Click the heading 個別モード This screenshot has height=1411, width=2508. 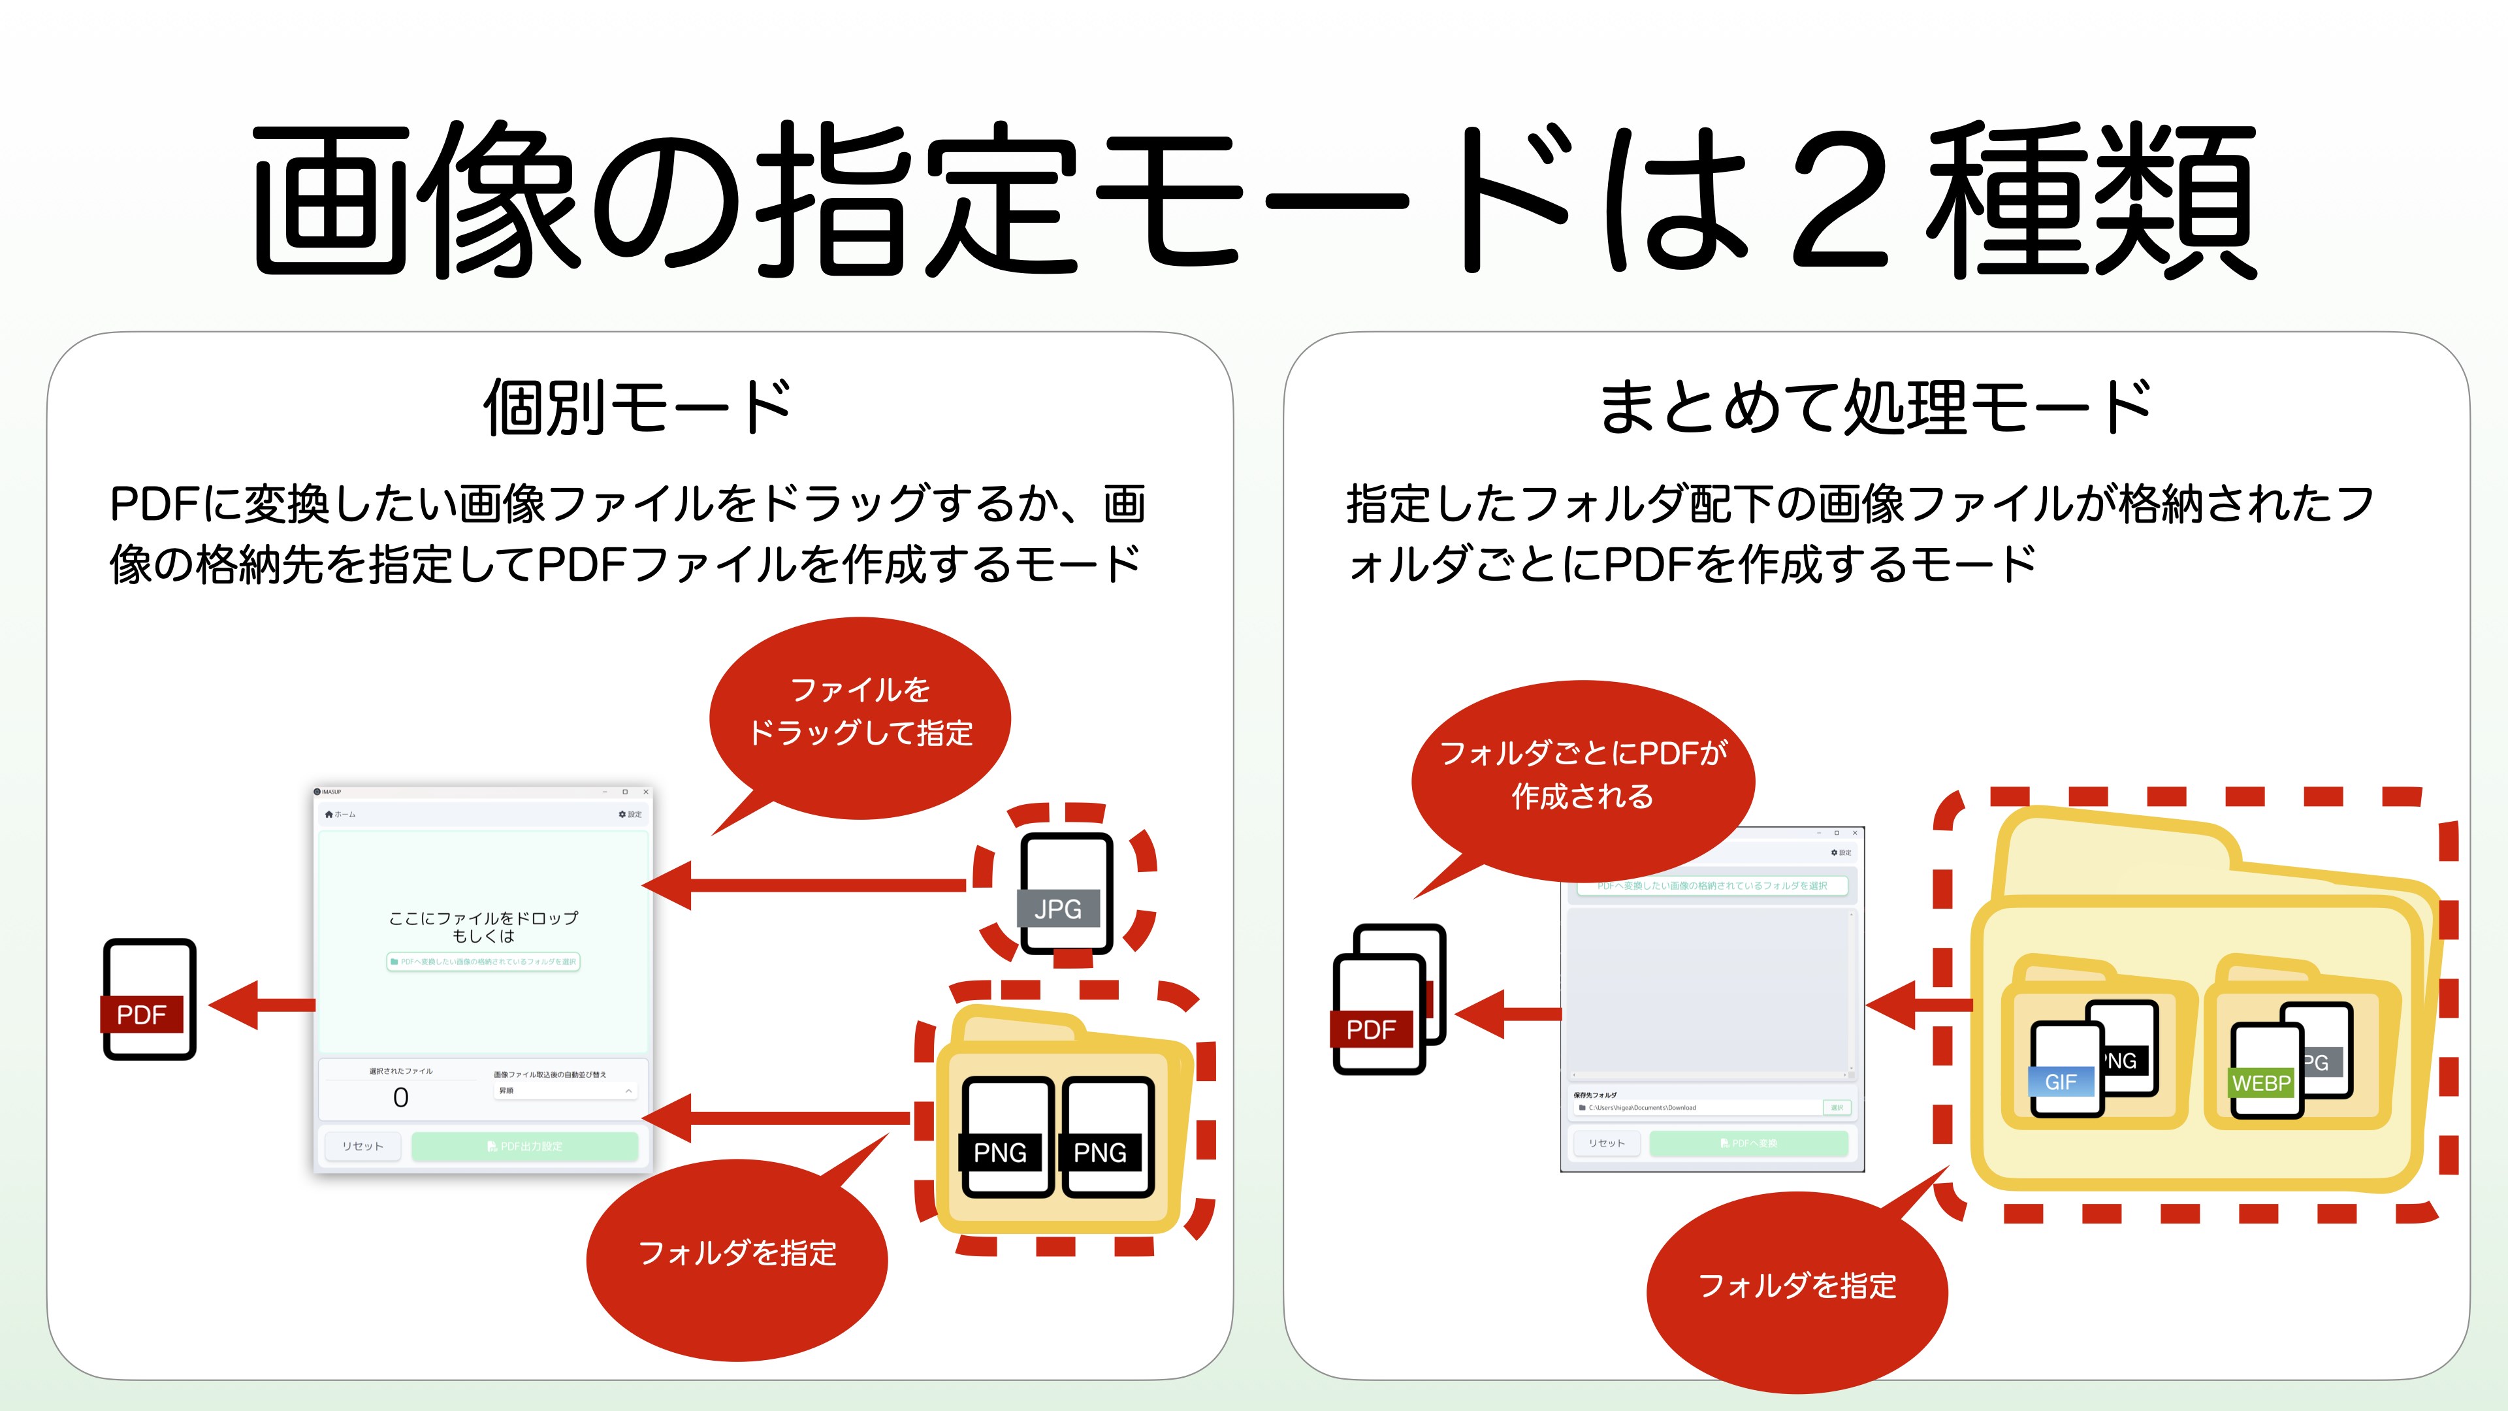click(637, 407)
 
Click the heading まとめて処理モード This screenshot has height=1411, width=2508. click(1875, 407)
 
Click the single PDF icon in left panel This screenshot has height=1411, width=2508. click(149, 999)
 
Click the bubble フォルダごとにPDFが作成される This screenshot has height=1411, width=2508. click(1582, 774)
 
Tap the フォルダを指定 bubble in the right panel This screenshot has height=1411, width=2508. click(1796, 1286)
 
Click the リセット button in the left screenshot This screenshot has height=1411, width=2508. click(362, 1146)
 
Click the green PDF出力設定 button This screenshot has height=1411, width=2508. click(524, 1146)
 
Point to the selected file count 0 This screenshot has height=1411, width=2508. click(400, 1097)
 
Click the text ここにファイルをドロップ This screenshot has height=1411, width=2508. click(483, 918)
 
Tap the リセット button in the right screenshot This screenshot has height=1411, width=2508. click(1607, 1143)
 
